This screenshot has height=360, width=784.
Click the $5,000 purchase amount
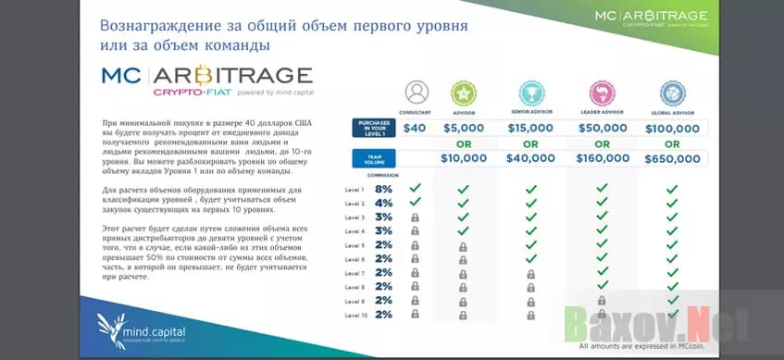pyautogui.click(x=464, y=128)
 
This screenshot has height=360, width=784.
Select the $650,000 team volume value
pyautogui.click(x=672, y=159)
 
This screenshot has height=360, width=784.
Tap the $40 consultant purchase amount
pyautogui.click(x=415, y=128)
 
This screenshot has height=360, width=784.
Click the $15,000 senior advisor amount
pyautogui.click(x=530, y=128)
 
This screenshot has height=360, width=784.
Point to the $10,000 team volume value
pyautogui.click(x=464, y=159)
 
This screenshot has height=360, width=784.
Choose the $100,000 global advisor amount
pyautogui.click(x=672, y=128)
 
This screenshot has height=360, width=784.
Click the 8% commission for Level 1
pyautogui.click(x=384, y=189)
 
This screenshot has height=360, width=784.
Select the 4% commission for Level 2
pyautogui.click(x=384, y=203)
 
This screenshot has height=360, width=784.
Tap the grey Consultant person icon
pyautogui.click(x=417, y=93)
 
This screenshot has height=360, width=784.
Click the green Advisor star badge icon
pyautogui.click(x=463, y=93)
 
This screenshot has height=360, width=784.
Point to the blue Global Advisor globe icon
pyautogui.click(x=672, y=93)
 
